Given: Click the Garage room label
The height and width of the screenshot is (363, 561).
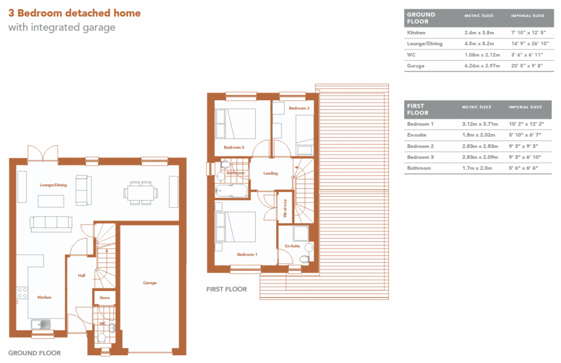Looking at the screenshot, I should click(x=150, y=283).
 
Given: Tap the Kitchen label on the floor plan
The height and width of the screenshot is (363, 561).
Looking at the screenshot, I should click(x=44, y=297).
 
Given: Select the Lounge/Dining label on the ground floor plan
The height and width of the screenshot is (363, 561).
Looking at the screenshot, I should click(x=53, y=185).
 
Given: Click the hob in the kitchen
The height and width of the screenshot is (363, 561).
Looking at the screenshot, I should click(x=22, y=293).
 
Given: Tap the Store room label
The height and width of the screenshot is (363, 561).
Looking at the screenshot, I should click(x=104, y=298).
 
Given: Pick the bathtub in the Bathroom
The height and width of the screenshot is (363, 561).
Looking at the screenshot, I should click(x=232, y=191).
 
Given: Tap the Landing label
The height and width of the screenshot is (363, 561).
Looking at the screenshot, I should click(x=271, y=173).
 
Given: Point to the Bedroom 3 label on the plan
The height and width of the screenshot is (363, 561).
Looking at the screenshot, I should click(x=299, y=109).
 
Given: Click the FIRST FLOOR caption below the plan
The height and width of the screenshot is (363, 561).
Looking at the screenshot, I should click(x=226, y=289).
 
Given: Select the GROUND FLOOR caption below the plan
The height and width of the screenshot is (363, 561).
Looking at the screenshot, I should click(x=35, y=353).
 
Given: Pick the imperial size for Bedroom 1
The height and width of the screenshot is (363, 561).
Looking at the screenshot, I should click(x=526, y=124).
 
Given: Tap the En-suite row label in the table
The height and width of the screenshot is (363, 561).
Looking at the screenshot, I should click(x=417, y=135).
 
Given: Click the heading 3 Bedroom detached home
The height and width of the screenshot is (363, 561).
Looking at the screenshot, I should click(x=75, y=13).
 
